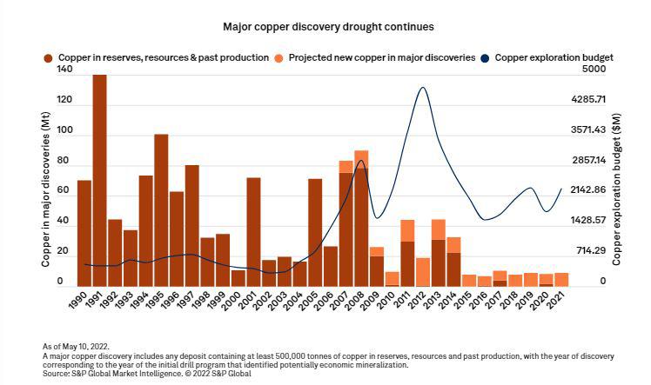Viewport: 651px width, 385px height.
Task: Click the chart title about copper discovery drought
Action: pos(325,28)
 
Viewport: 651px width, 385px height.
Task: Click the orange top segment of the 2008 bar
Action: pos(361,157)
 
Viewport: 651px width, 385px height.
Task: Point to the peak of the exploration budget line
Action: pos(422,88)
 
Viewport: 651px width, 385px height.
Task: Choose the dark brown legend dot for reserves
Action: pos(50,57)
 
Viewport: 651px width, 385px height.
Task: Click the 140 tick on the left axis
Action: pos(64,70)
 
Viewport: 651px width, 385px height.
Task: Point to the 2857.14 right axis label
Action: pos(588,160)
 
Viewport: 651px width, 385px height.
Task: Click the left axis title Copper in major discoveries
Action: pos(45,177)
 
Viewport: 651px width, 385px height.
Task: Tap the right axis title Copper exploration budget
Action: pos(616,177)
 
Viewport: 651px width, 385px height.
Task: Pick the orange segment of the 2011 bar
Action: pos(407,230)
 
